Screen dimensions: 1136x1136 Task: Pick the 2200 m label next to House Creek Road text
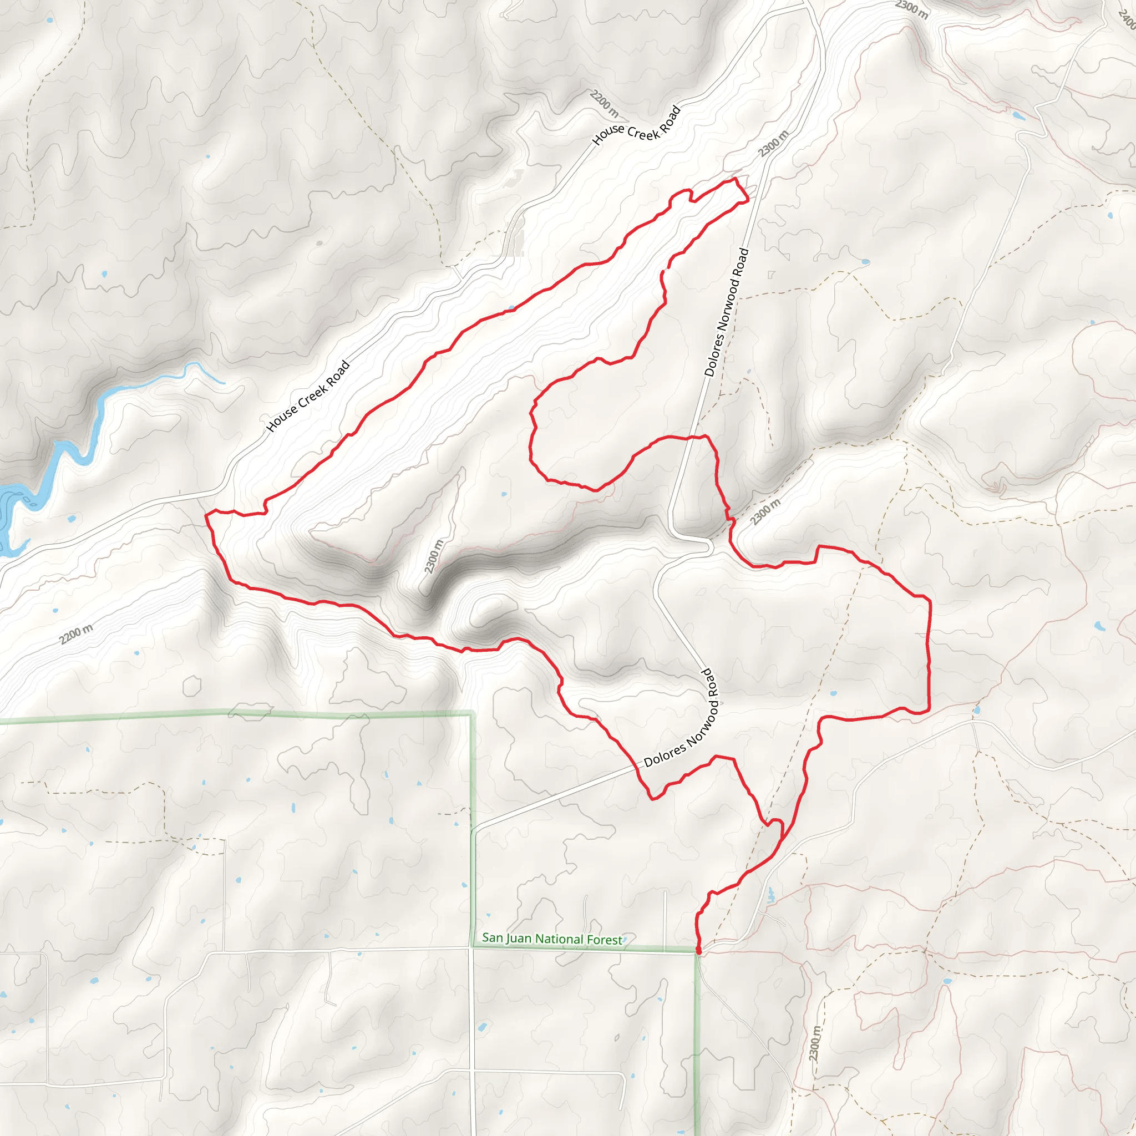(605, 104)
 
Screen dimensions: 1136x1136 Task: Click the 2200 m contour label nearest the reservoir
(76, 635)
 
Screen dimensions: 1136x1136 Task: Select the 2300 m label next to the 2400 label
(912, 9)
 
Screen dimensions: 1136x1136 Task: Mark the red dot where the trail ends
(698, 950)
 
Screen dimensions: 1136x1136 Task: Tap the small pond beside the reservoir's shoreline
(72, 519)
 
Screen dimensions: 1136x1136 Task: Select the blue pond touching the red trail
(511, 307)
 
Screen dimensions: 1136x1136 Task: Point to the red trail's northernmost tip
(736, 178)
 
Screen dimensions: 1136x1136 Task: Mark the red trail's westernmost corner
(206, 515)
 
